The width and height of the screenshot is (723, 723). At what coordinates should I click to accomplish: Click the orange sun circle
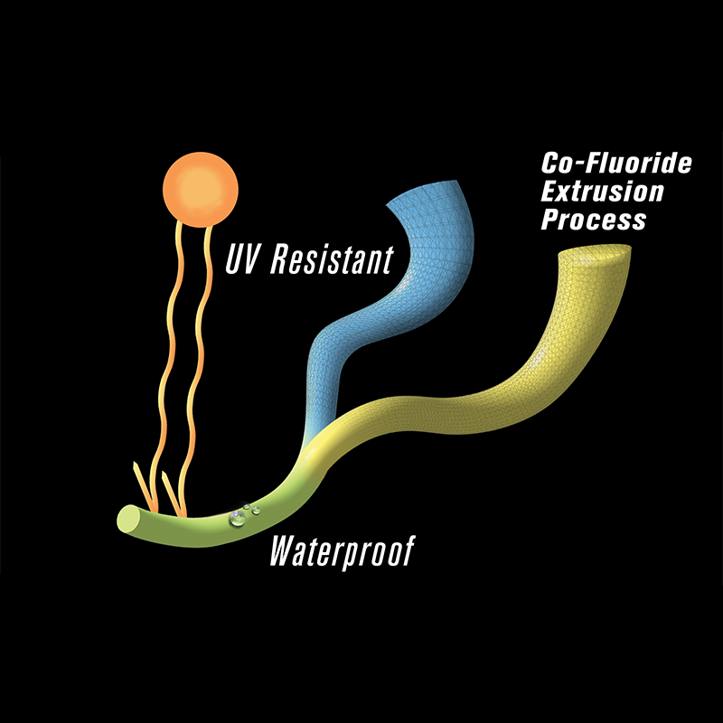coord(200,190)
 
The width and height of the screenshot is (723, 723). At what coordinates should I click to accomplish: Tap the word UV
coord(240,259)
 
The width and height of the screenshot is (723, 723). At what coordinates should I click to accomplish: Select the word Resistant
coord(332,259)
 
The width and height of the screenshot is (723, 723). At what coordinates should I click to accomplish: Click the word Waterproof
coord(342,552)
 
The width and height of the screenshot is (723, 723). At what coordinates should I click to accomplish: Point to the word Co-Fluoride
coord(616,164)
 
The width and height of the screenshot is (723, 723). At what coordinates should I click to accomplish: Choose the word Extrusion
coord(602,192)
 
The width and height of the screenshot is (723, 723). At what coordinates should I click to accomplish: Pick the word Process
coord(594,220)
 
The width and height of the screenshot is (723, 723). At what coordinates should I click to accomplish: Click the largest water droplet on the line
coord(238,518)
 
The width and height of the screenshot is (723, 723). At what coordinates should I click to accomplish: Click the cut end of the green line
coord(129,521)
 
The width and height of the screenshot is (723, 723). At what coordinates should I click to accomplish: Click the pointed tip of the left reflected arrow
coord(135,463)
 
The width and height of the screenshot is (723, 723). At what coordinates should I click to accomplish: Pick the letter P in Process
coord(550,220)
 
